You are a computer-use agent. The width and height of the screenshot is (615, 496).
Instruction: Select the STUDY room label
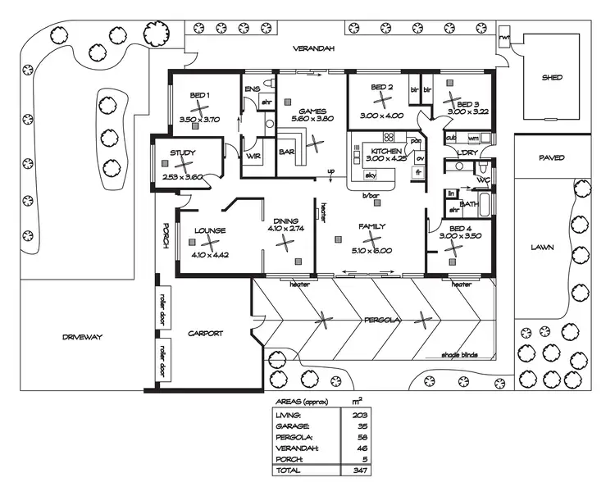click(x=182, y=152)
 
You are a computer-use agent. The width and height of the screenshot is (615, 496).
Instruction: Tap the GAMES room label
click(x=312, y=111)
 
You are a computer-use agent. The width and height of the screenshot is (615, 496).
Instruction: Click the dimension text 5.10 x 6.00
click(x=371, y=251)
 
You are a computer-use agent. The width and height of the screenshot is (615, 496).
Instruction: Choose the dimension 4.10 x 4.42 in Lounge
click(x=209, y=255)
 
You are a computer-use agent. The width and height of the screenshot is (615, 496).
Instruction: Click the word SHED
click(x=552, y=78)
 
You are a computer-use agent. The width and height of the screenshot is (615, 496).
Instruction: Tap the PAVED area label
click(x=552, y=157)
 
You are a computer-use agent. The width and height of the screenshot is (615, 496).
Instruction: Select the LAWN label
click(x=542, y=246)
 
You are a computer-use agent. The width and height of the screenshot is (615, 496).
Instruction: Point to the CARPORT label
click(x=206, y=334)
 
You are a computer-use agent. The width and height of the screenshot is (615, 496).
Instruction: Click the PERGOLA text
click(x=382, y=321)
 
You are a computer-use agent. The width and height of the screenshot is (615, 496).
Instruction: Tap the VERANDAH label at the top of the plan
click(x=314, y=49)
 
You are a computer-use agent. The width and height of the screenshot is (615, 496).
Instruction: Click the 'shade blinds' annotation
click(x=459, y=356)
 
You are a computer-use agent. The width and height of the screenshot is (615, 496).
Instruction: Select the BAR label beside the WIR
click(x=287, y=152)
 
